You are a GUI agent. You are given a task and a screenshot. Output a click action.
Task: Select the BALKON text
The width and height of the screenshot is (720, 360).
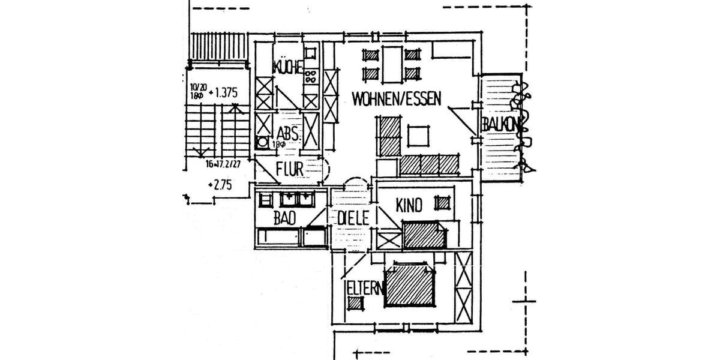499,124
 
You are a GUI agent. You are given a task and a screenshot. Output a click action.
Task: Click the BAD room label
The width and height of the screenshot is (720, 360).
285,220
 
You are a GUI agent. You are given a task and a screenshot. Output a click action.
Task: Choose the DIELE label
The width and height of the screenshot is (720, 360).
352,218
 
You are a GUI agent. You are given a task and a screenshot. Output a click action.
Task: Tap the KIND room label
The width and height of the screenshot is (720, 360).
409,205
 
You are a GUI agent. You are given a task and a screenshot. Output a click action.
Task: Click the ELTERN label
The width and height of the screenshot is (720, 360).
364,288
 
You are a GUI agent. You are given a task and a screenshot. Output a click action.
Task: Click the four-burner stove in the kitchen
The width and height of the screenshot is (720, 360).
311,76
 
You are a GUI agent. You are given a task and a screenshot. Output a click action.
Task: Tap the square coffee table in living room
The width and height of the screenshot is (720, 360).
419,136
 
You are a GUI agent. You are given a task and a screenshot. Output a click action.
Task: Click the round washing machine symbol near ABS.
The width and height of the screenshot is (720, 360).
262,142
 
